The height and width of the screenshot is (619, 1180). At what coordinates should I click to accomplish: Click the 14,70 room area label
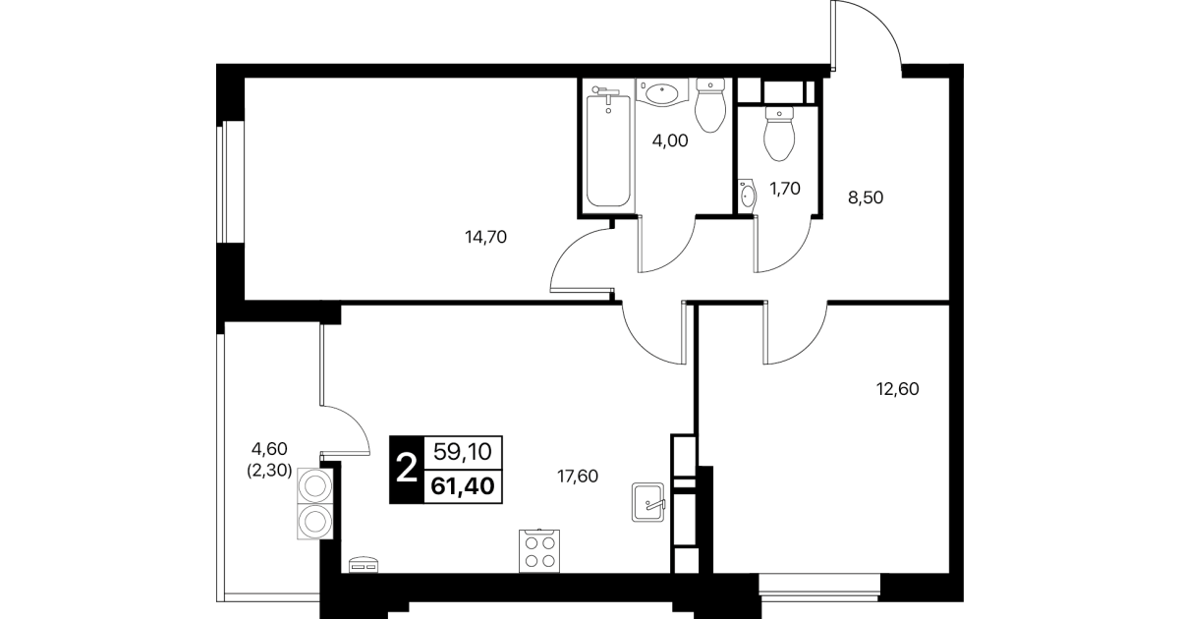pos(485,237)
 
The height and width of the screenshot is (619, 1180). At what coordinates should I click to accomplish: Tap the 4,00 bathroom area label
pos(670,141)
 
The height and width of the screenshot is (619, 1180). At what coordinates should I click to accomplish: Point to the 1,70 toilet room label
pos(785,188)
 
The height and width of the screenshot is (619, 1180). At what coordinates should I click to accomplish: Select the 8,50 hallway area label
pos(866,197)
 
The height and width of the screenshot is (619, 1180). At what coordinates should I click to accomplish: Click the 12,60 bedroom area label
pos(898,389)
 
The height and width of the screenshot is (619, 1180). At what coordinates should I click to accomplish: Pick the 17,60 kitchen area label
pos(578,477)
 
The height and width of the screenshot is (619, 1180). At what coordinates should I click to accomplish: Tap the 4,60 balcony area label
pos(270,449)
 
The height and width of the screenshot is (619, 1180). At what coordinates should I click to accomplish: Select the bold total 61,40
pos(463,485)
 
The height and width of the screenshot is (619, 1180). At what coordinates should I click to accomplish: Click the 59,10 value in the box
pos(463,451)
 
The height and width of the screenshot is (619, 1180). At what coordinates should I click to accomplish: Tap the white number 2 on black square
pos(406,469)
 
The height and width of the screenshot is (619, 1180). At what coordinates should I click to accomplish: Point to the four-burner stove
pos(539,550)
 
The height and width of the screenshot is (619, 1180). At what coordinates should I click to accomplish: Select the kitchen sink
pos(647,502)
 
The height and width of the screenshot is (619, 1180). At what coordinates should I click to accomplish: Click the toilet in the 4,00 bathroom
pos(710,105)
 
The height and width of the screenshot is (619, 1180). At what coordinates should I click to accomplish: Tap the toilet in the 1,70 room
pos(779,134)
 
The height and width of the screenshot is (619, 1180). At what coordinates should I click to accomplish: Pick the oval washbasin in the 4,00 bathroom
pos(662,92)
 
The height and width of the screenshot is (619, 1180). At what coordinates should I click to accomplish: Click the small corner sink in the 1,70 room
pos(747,196)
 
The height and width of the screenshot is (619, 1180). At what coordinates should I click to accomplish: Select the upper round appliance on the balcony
pos(315,485)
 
